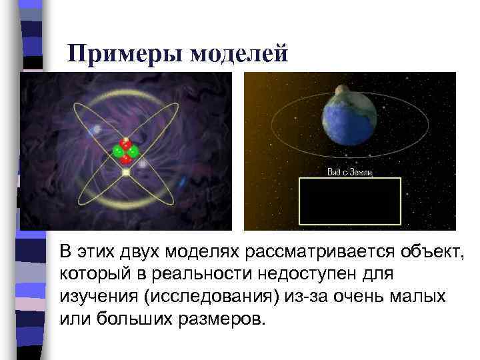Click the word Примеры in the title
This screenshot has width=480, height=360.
(x=126, y=53)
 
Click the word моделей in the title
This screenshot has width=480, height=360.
(x=239, y=53)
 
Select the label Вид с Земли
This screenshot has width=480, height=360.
(x=349, y=173)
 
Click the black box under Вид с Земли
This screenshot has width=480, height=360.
(x=349, y=201)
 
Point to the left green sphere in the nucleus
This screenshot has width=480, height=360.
(x=119, y=152)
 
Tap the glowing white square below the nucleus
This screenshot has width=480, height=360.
(x=125, y=173)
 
